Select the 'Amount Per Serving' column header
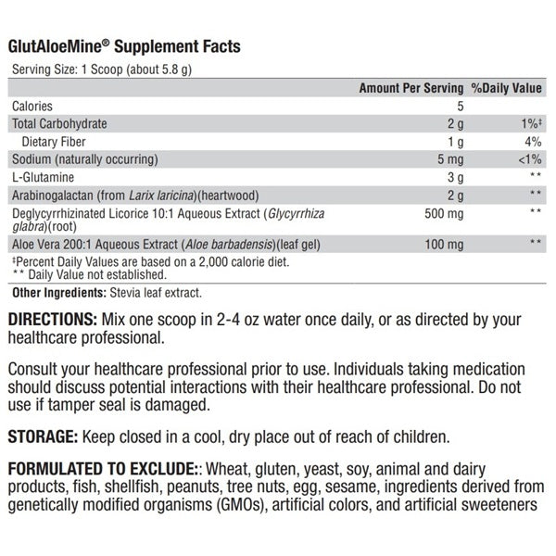pyautogui.click(x=410, y=88)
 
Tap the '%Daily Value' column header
pyautogui.click(x=507, y=88)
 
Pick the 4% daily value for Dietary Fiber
pyautogui.click(x=533, y=141)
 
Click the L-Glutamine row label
pyautogui.click(x=44, y=176)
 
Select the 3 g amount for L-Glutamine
pyautogui.click(x=455, y=176)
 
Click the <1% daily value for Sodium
pyautogui.click(x=529, y=158)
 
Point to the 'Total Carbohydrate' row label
pyautogui.click(x=59, y=123)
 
